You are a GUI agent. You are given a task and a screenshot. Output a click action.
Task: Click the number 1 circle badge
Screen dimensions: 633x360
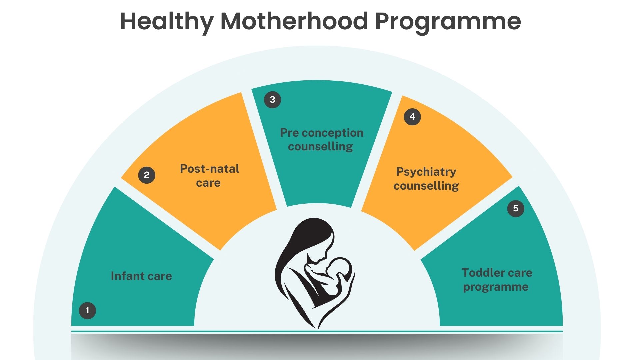[x=87, y=310]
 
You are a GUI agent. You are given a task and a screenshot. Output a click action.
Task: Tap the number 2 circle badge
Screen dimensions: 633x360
[x=147, y=175]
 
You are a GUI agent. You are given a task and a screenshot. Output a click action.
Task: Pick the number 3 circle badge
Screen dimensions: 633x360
[x=272, y=100]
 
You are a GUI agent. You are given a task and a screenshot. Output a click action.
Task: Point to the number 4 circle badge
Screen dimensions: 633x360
[x=412, y=117]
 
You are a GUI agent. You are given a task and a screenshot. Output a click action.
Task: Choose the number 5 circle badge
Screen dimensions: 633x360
[x=516, y=208]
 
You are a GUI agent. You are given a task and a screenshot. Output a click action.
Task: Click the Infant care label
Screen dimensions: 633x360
[x=141, y=276]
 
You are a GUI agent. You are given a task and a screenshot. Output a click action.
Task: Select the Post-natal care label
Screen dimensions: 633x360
[x=209, y=176]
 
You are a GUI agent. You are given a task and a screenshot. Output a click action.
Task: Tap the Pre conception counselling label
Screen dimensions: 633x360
[x=321, y=139]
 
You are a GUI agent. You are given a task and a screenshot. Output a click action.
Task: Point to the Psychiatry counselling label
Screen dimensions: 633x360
[x=426, y=179]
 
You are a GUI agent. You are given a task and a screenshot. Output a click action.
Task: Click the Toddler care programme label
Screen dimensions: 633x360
[x=497, y=280]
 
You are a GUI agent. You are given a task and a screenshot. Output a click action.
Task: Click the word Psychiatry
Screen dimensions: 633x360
[x=426, y=172]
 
